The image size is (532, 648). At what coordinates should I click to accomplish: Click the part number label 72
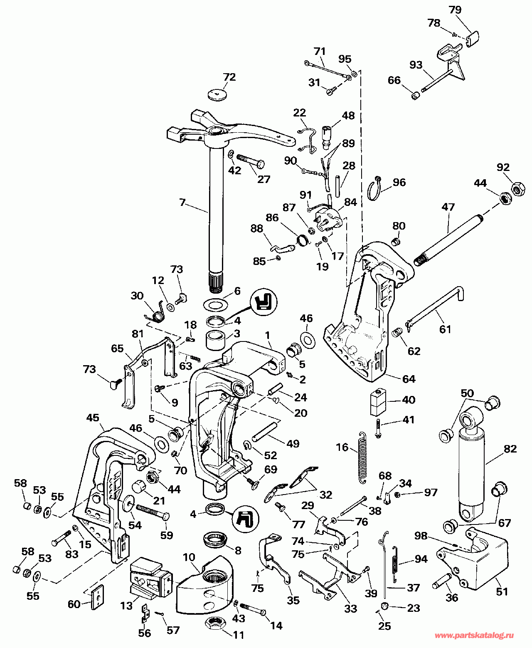[229, 77]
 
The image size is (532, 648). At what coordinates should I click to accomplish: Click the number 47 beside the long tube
[448, 207]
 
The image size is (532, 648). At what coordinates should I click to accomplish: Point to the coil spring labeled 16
[362, 458]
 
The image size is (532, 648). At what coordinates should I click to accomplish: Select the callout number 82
[510, 449]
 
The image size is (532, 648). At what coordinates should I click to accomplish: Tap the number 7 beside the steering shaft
[182, 203]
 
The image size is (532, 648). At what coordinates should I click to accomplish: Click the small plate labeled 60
[98, 597]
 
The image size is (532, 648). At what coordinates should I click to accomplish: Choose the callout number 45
[93, 418]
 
